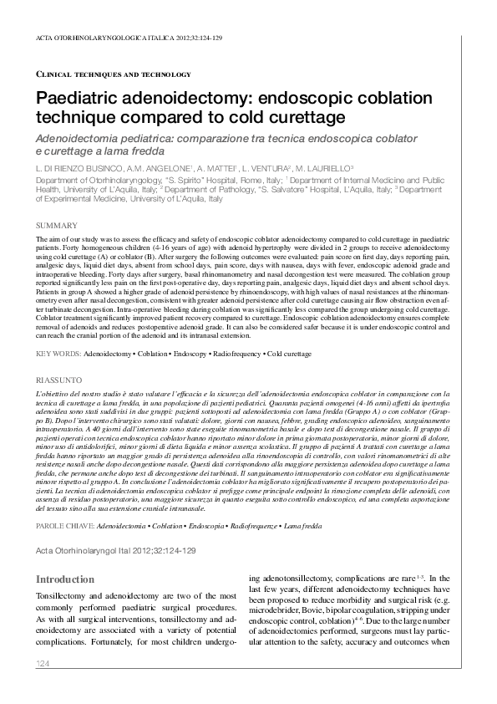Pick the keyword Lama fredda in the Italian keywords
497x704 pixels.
coord(302,502)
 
